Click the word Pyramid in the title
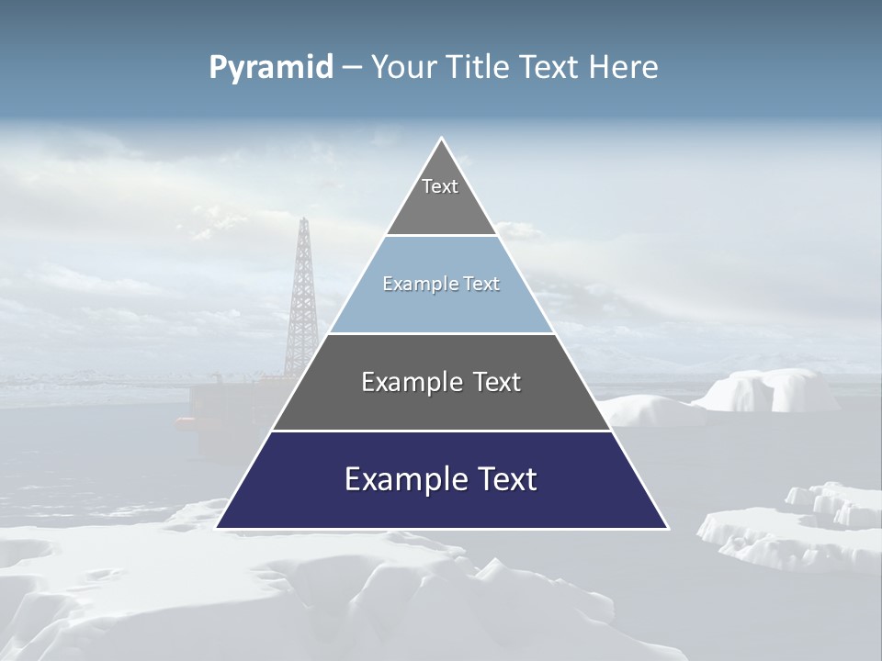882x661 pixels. (270, 68)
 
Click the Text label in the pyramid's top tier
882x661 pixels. (440, 186)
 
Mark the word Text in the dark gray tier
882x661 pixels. (497, 382)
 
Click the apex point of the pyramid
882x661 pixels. (441, 140)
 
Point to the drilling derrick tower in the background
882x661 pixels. (300, 294)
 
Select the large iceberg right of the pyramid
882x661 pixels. (767, 390)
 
